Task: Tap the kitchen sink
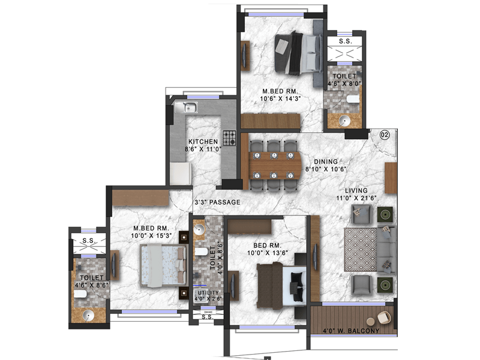click(189, 108)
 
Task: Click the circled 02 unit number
click(385, 135)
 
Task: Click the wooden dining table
click(274, 159)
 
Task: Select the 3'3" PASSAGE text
click(217, 203)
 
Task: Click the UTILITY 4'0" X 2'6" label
click(208, 295)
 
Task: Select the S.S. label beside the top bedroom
click(345, 41)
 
